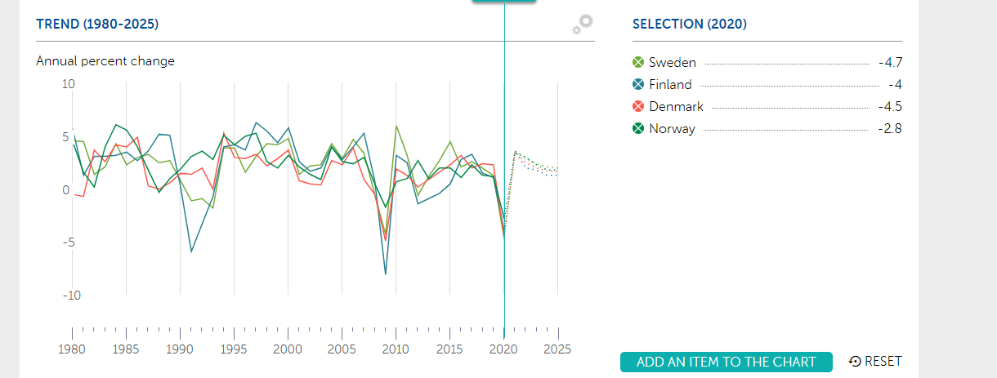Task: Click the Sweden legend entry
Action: coord(672,63)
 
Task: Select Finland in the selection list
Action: coord(670,85)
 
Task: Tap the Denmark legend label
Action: coord(676,107)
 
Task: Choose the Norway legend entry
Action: coord(672,129)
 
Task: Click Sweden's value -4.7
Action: coord(887,63)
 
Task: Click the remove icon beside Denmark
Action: coord(638,107)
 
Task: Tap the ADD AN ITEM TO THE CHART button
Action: coord(726,362)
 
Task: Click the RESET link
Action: coord(876,362)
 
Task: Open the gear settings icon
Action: coord(583,24)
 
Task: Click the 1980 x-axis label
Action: coord(72,349)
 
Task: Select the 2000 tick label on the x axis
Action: coord(288,349)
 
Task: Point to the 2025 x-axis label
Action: coord(557,349)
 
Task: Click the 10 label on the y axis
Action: coord(68,84)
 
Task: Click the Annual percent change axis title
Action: coord(105,61)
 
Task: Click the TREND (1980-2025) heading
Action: coord(97,24)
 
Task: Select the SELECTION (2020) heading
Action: coord(690,24)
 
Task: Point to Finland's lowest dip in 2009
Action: coord(385,274)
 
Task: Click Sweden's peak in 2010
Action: coord(396,127)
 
